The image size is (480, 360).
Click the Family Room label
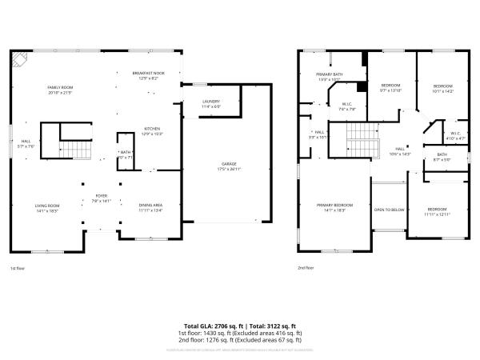point(59,90)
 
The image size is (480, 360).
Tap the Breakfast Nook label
point(148,75)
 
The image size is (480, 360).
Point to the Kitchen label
point(153,130)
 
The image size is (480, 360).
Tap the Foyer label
point(102,198)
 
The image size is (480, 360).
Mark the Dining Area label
point(151,207)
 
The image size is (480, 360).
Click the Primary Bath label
point(329,77)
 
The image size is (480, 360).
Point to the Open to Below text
point(389,210)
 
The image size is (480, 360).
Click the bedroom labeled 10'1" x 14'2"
point(443,89)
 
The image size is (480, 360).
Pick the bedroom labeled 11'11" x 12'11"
point(438,212)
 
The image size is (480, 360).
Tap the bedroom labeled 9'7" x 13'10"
point(390,87)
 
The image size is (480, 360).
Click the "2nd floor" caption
point(306,268)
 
